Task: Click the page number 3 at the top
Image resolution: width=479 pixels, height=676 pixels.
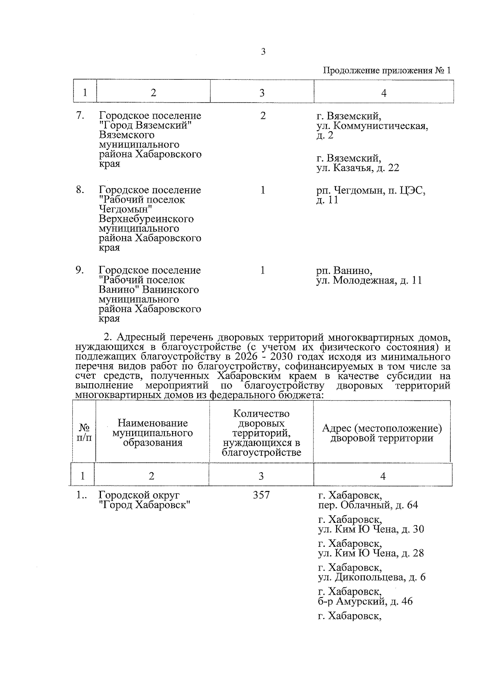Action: click(x=263, y=51)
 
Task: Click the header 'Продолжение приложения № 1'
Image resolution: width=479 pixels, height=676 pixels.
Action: click(x=386, y=71)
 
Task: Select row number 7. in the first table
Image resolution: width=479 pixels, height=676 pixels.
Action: click(x=80, y=116)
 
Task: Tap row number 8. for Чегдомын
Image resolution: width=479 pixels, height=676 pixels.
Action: click(x=80, y=190)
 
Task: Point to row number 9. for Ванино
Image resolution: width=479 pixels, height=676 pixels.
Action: click(x=80, y=270)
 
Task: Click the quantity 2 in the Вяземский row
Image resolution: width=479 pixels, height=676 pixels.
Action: click(x=263, y=116)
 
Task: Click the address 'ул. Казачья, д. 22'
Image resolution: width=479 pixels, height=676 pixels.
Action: click(x=358, y=168)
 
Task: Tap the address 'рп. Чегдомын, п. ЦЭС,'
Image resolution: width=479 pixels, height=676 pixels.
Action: click(x=371, y=190)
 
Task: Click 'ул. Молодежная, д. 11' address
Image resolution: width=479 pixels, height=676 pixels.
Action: click(x=369, y=280)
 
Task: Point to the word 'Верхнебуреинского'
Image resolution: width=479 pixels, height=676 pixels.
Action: click(x=146, y=219)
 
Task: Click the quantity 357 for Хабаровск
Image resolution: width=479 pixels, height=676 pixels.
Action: click(x=261, y=495)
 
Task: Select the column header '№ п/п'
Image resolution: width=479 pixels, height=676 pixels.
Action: click(x=84, y=433)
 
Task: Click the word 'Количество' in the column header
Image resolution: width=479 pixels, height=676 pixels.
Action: click(x=261, y=414)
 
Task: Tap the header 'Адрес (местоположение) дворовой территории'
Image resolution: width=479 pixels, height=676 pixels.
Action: click(x=382, y=433)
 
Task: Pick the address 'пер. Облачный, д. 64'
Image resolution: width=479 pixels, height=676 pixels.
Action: click(x=368, y=505)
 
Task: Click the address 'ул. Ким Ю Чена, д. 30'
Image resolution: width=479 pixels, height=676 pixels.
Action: click(x=371, y=529)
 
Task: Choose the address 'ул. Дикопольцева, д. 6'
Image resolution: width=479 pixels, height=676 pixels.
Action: click(x=372, y=577)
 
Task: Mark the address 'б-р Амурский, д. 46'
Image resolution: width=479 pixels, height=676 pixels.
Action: click(x=365, y=601)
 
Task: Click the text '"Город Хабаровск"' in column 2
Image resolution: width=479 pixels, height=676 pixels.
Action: click(x=144, y=505)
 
